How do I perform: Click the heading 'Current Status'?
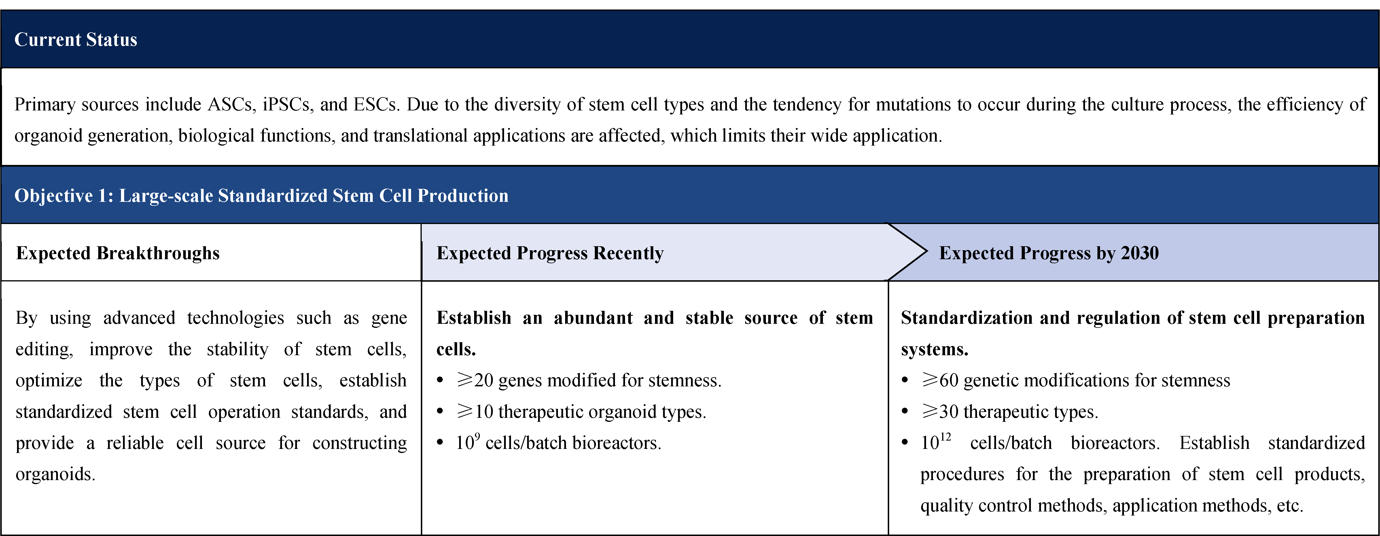pyautogui.click(x=75, y=40)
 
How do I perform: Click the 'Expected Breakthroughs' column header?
pyautogui.click(x=118, y=253)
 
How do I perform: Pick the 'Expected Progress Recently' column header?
pyautogui.click(x=550, y=253)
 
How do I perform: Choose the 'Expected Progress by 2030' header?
pyautogui.click(x=1049, y=253)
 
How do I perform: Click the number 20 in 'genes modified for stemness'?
pyautogui.click(x=483, y=380)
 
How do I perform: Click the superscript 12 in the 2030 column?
pyautogui.click(x=946, y=437)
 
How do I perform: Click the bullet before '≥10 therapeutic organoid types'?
pyautogui.click(x=440, y=412)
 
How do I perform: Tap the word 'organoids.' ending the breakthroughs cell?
pyautogui.click(x=56, y=474)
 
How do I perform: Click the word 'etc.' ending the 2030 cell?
pyautogui.click(x=1290, y=505)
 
